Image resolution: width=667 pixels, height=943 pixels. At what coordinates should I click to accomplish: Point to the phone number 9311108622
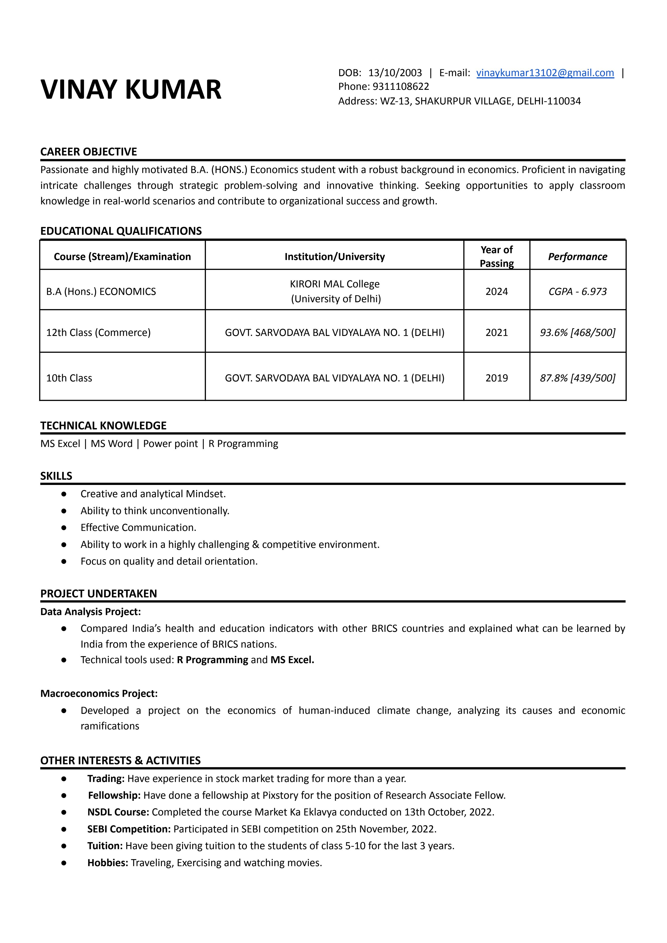click(x=401, y=87)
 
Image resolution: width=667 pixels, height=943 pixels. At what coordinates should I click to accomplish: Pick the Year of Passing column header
click(x=497, y=256)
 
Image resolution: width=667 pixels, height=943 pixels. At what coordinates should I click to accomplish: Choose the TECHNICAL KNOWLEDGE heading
click(x=103, y=426)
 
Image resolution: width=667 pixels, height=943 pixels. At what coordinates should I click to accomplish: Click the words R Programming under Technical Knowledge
click(x=243, y=444)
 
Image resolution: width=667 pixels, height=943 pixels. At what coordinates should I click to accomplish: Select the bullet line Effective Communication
click(x=138, y=528)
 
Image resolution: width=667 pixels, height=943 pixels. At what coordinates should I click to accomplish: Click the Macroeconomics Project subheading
click(x=98, y=694)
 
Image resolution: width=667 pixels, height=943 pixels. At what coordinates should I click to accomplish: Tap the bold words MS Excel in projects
click(x=292, y=660)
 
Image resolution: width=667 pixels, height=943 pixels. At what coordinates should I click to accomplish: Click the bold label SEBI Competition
click(x=129, y=829)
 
